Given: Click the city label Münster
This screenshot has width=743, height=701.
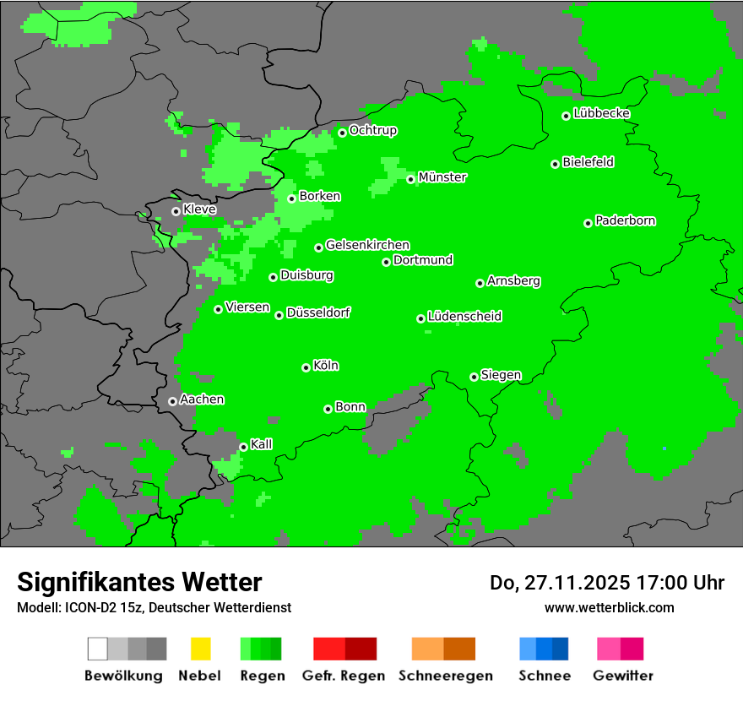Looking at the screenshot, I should [x=442, y=177].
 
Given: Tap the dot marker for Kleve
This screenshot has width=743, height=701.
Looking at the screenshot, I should [x=176, y=211].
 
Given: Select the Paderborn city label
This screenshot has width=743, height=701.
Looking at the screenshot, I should [x=626, y=220].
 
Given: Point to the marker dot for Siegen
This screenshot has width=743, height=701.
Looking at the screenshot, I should [x=474, y=377].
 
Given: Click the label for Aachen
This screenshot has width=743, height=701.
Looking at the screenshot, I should [x=202, y=399].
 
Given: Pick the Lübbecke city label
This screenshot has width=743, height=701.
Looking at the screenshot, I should [x=602, y=113].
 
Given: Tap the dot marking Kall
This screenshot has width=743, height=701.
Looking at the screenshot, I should [x=243, y=447].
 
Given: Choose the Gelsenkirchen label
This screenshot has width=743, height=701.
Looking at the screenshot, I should [x=367, y=245].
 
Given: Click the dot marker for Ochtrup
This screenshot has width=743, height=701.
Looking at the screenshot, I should [x=342, y=133].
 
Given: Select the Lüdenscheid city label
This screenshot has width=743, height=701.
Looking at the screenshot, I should [x=464, y=317].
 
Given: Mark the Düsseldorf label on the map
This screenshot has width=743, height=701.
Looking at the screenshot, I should [x=318, y=312].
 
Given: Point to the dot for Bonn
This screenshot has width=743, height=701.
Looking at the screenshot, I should [x=328, y=409].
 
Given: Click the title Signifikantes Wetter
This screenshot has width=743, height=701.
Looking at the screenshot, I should [x=139, y=582].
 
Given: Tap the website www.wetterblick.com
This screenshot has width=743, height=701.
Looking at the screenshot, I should [x=609, y=607].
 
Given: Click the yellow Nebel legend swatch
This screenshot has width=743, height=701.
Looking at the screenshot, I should [x=200, y=649].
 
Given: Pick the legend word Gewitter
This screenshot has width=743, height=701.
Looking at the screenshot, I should [x=623, y=676].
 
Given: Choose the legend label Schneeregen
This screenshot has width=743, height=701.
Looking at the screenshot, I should [x=445, y=676].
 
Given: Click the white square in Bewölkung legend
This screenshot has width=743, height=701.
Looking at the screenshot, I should [x=98, y=649].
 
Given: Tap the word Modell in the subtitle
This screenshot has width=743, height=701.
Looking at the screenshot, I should [x=37, y=607].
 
